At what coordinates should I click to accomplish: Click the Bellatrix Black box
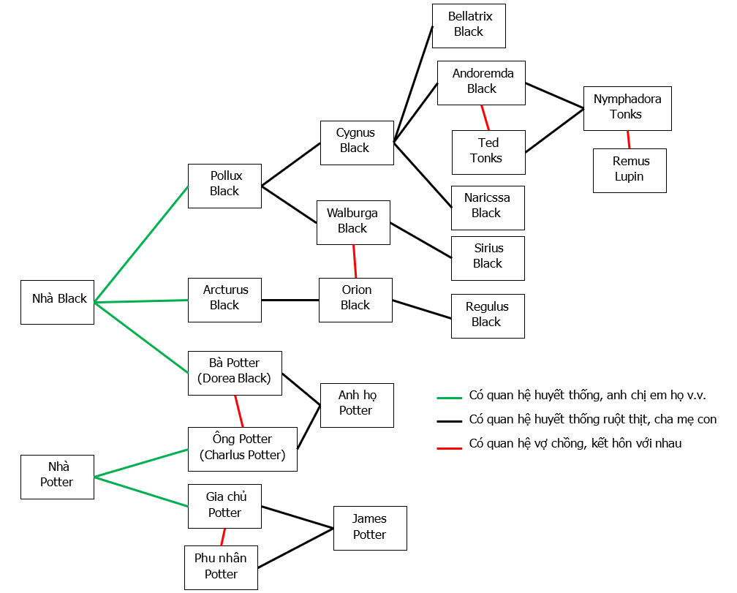(x=469, y=26)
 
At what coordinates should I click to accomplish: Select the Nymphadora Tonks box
(x=627, y=108)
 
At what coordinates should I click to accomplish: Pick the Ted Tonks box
(x=488, y=152)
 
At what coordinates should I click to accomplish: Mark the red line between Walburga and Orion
(x=355, y=261)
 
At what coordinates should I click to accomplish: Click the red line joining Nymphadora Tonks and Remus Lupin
(x=628, y=140)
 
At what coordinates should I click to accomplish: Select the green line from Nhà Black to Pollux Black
(x=141, y=244)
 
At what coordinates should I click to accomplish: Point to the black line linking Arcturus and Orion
(x=290, y=300)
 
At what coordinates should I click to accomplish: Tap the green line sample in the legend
(x=449, y=398)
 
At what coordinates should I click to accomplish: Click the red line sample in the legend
(x=449, y=447)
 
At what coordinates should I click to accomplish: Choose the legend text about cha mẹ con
(x=592, y=420)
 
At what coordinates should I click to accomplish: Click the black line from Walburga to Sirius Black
(x=421, y=240)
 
